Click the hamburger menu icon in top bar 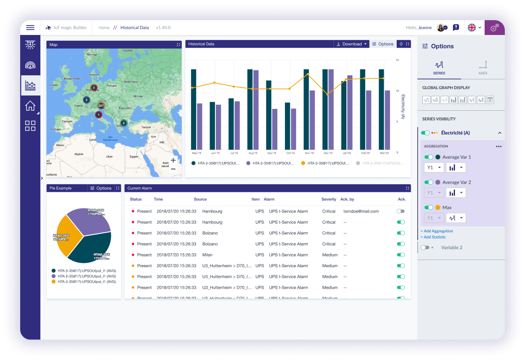pos(30,28)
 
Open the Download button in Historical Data pos(351,44)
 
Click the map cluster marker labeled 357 pos(101,106)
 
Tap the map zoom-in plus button pos(173,160)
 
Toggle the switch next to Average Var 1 pos(429,157)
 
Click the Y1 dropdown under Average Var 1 pos(433,167)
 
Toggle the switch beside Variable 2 pos(424,247)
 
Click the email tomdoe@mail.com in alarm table pos(361,211)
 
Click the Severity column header pos(328,199)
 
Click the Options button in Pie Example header pos(101,188)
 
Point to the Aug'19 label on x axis pos(252,153)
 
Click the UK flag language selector pos(474,28)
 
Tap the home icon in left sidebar pos(30,106)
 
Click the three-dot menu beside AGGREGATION pos(499,147)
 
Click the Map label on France pos(78,105)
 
